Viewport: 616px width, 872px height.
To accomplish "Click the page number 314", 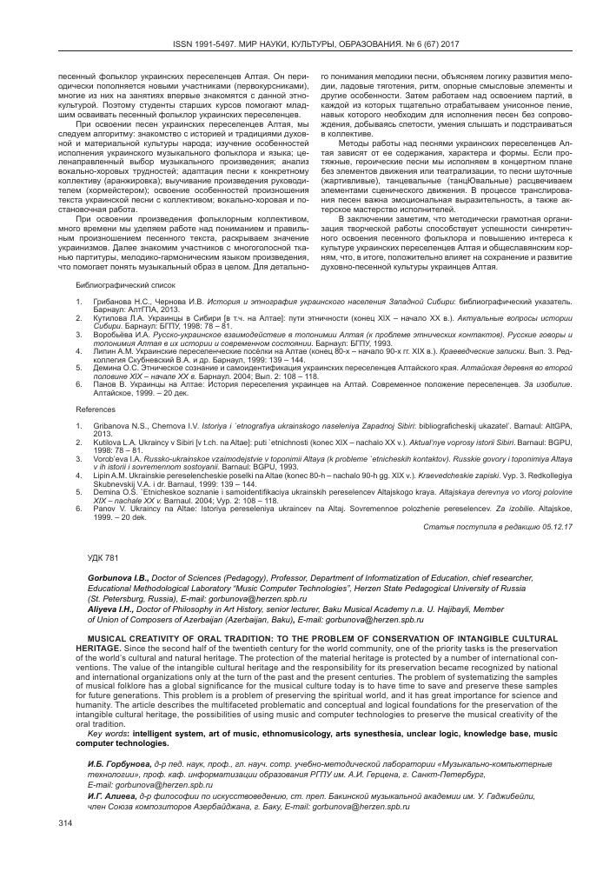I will (63, 822).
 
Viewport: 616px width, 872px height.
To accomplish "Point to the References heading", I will (96, 407).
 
